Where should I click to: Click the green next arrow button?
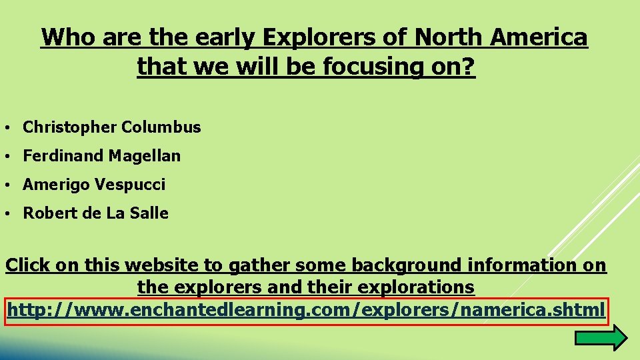point(600,339)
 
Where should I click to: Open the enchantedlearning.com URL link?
point(306,310)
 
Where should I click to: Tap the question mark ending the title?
point(469,67)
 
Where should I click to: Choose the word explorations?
point(417,288)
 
